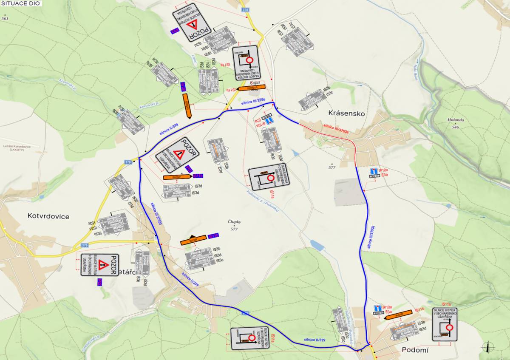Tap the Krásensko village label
347,113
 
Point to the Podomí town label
415,349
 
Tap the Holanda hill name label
455,120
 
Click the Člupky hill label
234,222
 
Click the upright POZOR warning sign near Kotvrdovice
100,265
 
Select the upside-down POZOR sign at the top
192,22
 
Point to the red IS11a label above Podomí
446,304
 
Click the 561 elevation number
5,19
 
